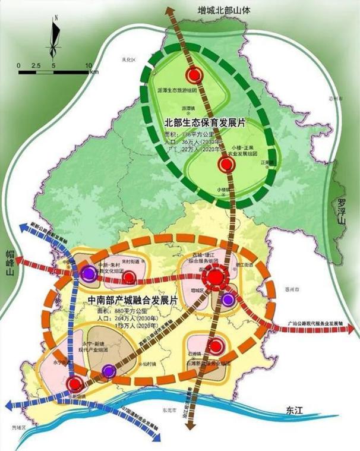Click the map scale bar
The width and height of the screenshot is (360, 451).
[x=54, y=72]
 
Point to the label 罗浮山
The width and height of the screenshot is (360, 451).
[x=341, y=212]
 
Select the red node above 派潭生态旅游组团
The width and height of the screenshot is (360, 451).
[x=192, y=75]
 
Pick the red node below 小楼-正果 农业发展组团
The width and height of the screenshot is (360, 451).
[x=225, y=166]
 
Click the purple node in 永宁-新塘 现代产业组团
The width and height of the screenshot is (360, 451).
[x=108, y=372]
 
